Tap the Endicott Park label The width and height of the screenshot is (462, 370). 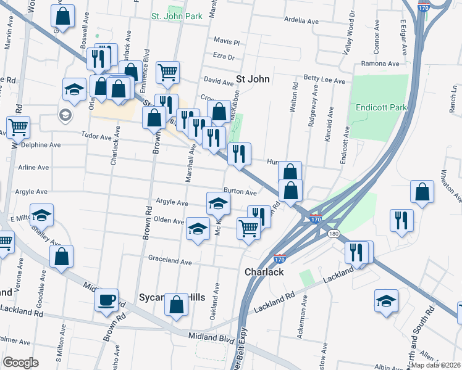[x=382, y=107]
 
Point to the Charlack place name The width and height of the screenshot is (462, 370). [x=264, y=271]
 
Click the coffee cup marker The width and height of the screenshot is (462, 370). [x=107, y=300]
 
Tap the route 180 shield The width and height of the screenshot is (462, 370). [x=334, y=234]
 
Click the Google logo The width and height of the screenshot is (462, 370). [x=20, y=362]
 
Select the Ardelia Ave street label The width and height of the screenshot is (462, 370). [x=301, y=21]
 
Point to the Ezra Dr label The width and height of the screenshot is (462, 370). [x=224, y=57]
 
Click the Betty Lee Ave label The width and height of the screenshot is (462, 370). [x=324, y=80]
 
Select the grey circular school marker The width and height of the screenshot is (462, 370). [x=64, y=115]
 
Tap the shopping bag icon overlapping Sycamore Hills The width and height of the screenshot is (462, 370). [x=176, y=305]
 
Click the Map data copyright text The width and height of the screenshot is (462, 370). [x=435, y=364]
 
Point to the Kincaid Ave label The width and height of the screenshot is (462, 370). [x=330, y=125]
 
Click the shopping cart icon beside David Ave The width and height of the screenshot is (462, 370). [x=167, y=73]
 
